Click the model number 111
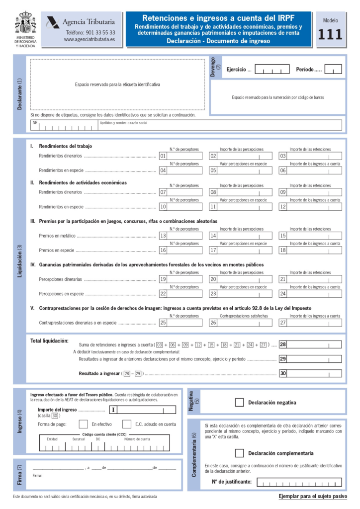point(330,34)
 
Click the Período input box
point(333,70)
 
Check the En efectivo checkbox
point(84,424)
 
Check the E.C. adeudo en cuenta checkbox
point(126,424)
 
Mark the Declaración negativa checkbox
point(239,402)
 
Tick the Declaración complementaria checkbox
point(239,453)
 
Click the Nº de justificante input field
point(299,482)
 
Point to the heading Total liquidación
point(49,340)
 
